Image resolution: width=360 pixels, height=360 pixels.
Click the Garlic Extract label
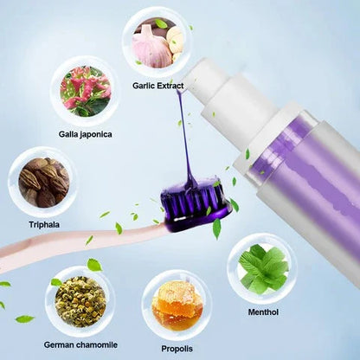pos(157,86)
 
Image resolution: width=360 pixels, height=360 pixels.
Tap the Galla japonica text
pos(85,134)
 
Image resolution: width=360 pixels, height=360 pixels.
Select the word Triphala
pos(44,225)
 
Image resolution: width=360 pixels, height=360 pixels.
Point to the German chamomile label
pos(80,344)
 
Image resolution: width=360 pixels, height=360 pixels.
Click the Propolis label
pos(177,349)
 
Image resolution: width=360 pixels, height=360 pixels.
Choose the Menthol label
pos(263,312)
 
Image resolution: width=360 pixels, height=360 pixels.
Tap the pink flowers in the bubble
pos(86,91)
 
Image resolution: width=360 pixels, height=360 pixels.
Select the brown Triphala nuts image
pos(44,183)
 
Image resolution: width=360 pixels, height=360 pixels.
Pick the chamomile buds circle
pos(80,301)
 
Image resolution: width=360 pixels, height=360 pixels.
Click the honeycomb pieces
pos(177,303)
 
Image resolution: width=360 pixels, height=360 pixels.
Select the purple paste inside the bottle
pos(303,173)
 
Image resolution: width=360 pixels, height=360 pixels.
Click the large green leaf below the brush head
pos(216,228)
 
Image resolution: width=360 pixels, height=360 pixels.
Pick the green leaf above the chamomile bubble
pos(94,265)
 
